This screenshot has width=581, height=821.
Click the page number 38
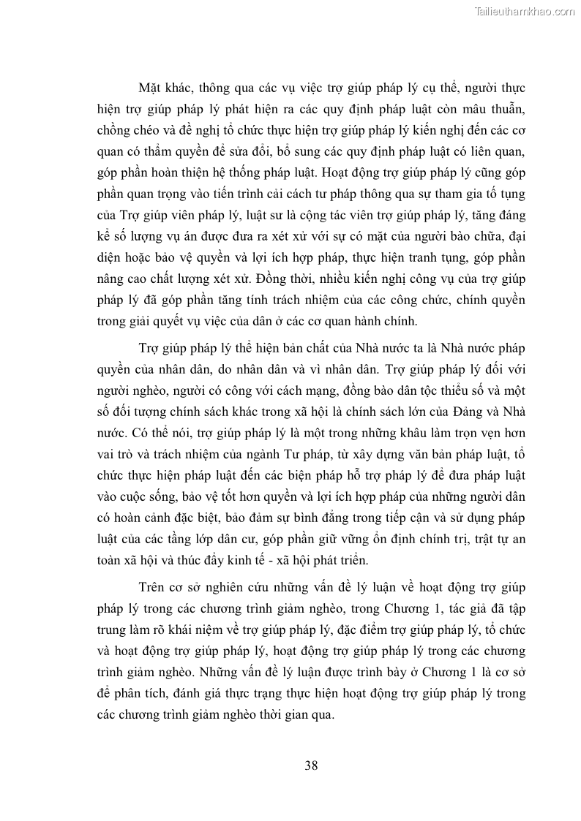pyautogui.click(x=310, y=765)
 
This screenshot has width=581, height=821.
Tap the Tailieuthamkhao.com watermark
pyautogui.click(x=525, y=11)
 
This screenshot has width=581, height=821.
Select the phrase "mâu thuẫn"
pyautogui.click(x=495, y=110)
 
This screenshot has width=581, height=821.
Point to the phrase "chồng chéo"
pyautogui.click(x=125, y=131)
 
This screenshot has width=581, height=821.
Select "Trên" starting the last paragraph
pyautogui.click(x=151, y=588)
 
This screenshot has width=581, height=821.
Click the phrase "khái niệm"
pyautogui.click(x=196, y=630)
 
